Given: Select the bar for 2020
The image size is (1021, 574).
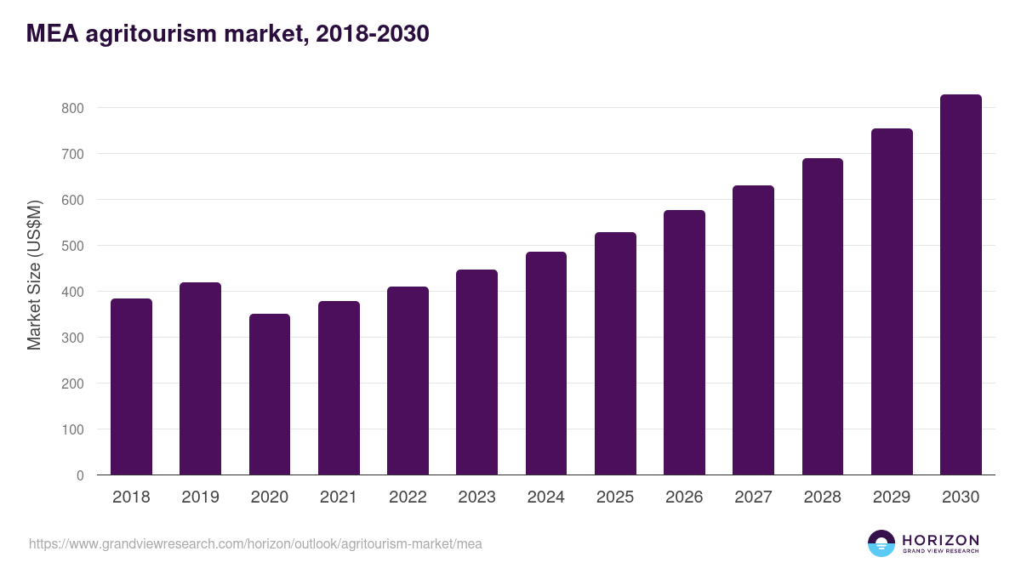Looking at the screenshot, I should [x=270, y=395].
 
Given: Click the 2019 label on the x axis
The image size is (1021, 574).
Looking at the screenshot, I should [x=200, y=497].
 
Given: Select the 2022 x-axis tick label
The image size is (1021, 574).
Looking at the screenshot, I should [x=408, y=497].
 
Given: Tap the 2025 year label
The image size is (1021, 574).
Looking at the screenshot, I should [x=615, y=497].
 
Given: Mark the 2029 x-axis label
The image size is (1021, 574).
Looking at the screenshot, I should [x=892, y=497].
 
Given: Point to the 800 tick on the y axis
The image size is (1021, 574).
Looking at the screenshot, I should [x=72, y=108].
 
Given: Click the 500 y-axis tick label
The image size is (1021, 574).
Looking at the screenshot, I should [x=72, y=246].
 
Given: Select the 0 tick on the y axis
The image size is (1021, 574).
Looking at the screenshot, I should [x=80, y=475].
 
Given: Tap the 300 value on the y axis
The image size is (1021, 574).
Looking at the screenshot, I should [x=72, y=338].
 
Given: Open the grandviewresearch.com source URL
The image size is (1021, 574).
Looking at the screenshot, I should [x=255, y=543].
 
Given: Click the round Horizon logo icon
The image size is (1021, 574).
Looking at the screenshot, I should [x=881, y=543].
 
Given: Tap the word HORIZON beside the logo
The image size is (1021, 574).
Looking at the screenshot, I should [x=940, y=540].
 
